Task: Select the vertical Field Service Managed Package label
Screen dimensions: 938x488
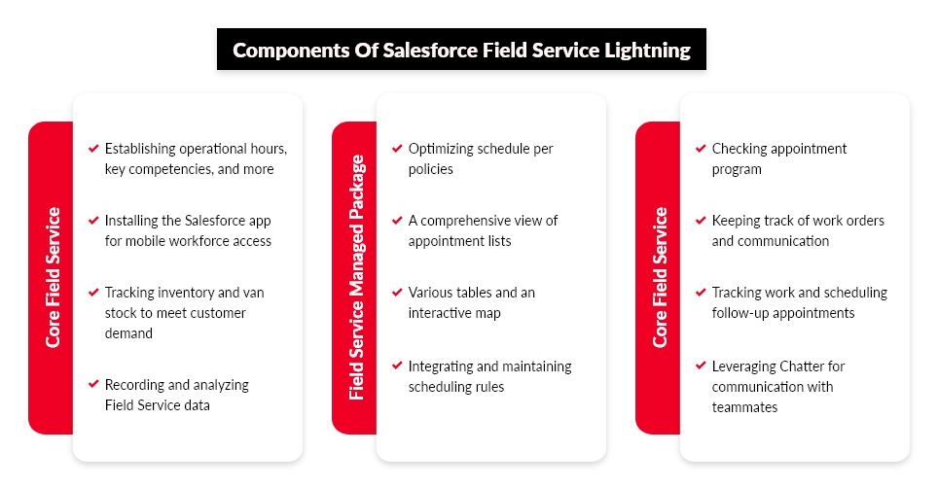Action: click(356, 277)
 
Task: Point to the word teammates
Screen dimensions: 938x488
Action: click(744, 407)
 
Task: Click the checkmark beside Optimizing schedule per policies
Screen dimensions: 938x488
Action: click(397, 148)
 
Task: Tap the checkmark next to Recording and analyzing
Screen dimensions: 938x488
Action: click(93, 384)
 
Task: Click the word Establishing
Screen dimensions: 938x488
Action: click(140, 149)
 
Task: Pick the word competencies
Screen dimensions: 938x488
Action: click(170, 170)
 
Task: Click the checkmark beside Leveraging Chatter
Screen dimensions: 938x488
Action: click(701, 366)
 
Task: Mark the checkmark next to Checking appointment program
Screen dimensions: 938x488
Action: click(701, 148)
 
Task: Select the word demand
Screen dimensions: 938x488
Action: click(128, 333)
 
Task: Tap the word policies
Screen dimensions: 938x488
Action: click(431, 170)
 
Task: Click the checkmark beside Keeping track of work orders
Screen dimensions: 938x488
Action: click(701, 221)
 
